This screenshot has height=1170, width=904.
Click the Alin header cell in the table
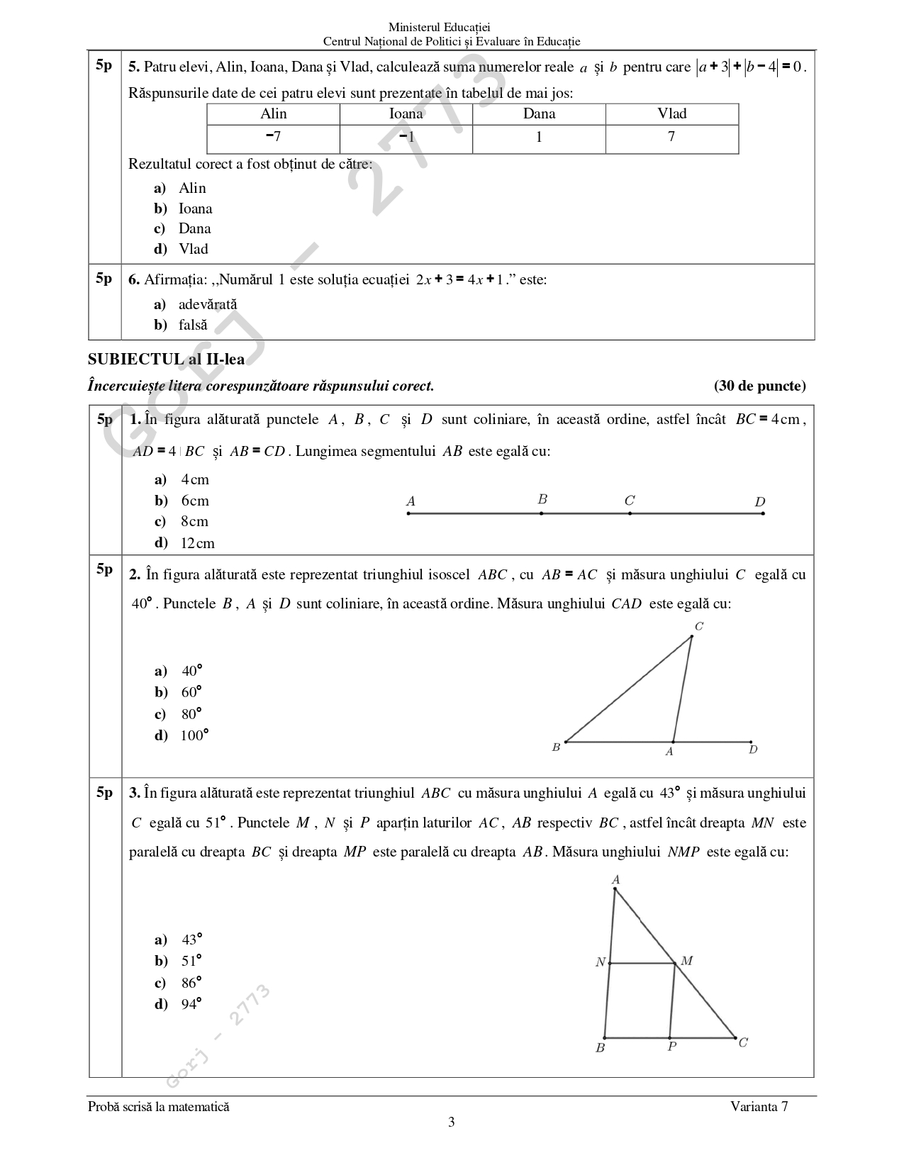tap(274, 114)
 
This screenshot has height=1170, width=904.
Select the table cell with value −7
tap(273, 138)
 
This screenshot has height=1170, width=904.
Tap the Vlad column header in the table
tap(671, 114)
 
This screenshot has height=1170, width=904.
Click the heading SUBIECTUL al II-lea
tap(167, 360)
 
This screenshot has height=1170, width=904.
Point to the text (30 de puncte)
tap(760, 386)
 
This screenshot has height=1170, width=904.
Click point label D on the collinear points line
tap(760, 502)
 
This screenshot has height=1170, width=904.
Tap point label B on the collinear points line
tap(542, 499)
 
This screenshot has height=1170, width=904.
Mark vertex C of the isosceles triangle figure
tap(699, 626)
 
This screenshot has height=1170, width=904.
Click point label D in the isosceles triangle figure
tap(753, 750)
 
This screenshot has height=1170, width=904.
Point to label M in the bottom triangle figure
tap(686, 962)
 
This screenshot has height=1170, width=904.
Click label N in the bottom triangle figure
tap(601, 963)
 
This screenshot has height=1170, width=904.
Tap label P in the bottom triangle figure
tap(672, 1047)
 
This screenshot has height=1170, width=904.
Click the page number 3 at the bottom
tap(452, 1122)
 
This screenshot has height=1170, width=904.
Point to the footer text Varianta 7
tap(759, 1107)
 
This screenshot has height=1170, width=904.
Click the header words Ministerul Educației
tap(451, 28)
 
